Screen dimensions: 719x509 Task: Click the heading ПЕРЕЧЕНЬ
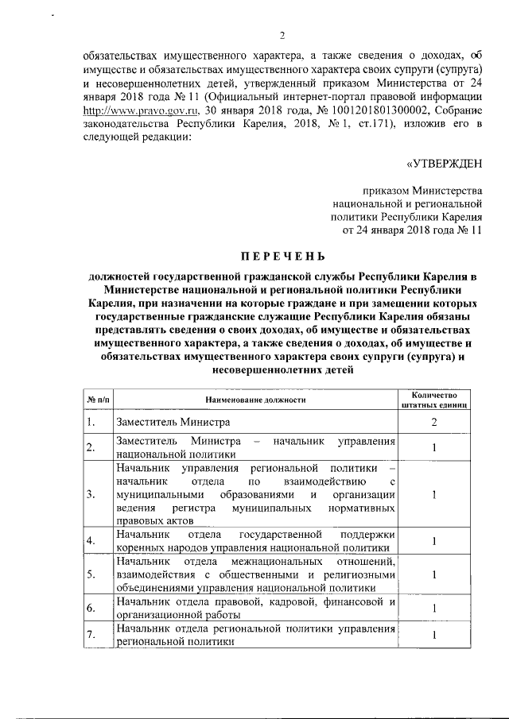pyautogui.click(x=283, y=257)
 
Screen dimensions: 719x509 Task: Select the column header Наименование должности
pyautogui.click(x=254, y=400)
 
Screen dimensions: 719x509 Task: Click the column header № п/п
pyautogui.click(x=97, y=400)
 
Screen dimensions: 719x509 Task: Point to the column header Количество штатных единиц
pyautogui.click(x=434, y=400)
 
